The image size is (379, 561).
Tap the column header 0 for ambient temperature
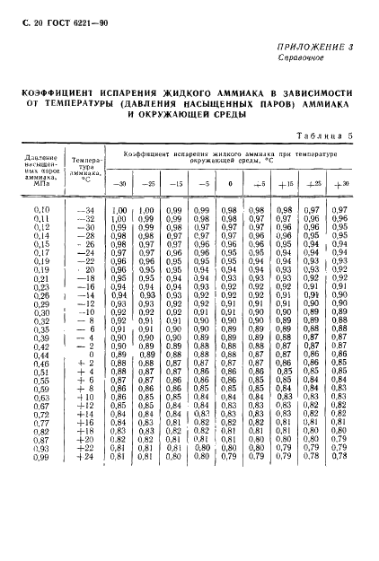pyautogui.click(x=230, y=184)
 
